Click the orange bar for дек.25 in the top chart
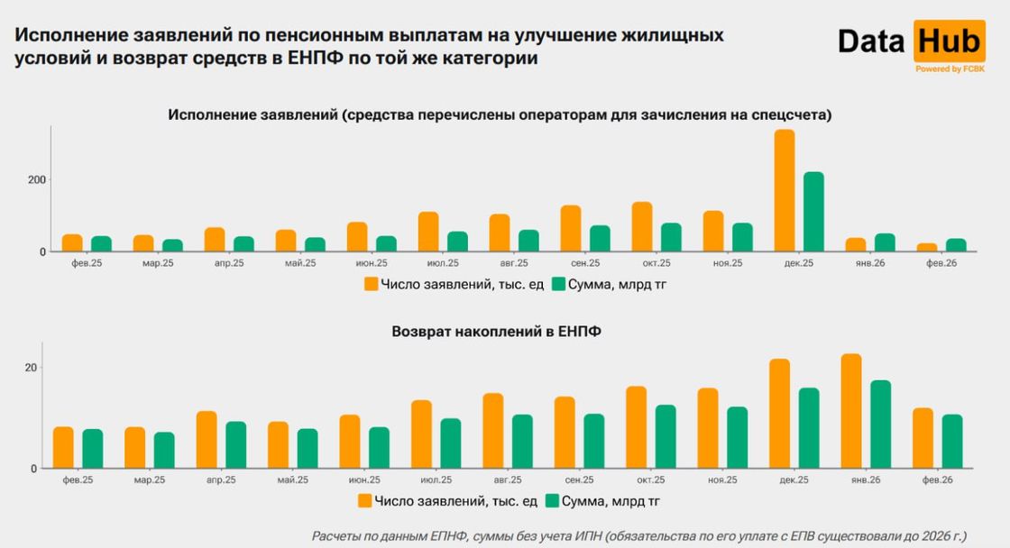(785, 191)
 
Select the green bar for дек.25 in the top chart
(813, 213)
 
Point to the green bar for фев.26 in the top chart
(956, 245)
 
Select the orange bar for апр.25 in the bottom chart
(207, 440)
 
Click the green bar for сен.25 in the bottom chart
(593, 442)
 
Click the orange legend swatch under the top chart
(371, 284)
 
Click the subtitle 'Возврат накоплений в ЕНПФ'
(496, 332)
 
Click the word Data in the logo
(872, 41)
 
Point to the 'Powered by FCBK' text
(950, 68)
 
